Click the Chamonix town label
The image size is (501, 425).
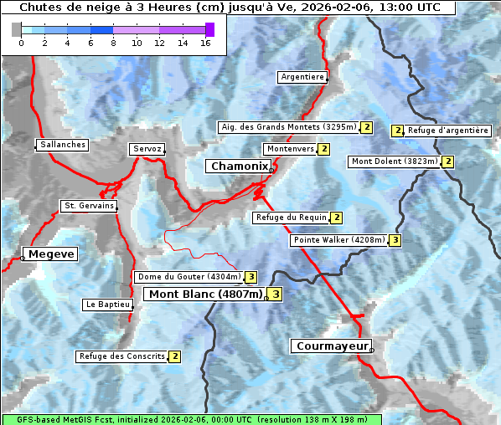239,166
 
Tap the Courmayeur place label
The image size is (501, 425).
330,346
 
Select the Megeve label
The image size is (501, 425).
50,253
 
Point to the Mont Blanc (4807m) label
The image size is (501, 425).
205,294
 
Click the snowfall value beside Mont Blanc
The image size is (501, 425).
275,294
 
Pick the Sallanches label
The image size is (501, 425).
62,145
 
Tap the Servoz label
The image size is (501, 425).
147,149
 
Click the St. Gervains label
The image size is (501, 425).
88,206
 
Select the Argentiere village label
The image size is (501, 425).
302,77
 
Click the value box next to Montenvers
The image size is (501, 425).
324,149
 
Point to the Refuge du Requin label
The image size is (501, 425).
291,218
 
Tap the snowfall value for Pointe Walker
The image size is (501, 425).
395,240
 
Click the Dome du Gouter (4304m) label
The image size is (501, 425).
189,277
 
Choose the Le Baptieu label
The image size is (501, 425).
106,305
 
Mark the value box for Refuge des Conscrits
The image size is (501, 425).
174,356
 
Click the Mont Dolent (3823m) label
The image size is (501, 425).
395,161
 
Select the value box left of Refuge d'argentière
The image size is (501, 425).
398,131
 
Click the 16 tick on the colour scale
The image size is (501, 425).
205,43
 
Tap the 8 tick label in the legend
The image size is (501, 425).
113,43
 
